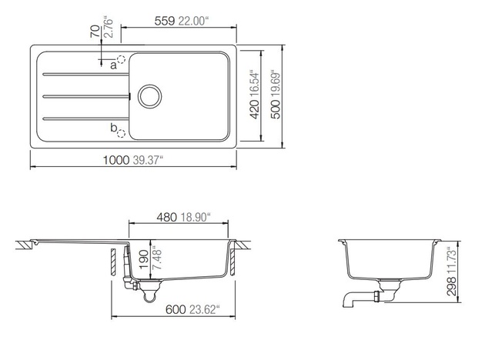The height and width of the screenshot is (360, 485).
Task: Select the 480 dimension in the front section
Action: coord(167,217)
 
